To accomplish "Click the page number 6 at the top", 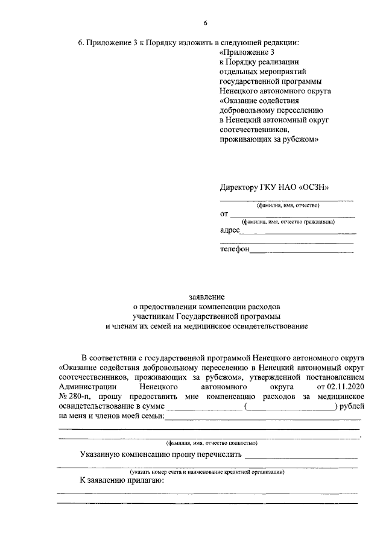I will pyautogui.click(x=205, y=23).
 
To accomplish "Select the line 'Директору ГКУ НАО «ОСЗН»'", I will pyautogui.click(x=275, y=187).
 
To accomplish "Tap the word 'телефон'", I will pyautogui.click(x=235, y=248).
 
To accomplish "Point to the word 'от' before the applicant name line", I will pyautogui.click(x=224, y=213).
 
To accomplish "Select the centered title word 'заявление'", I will pyautogui.click(x=207, y=297).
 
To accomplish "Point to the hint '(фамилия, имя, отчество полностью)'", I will pyautogui.click(x=207, y=442).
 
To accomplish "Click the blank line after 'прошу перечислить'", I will pyautogui.click(x=302, y=456).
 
